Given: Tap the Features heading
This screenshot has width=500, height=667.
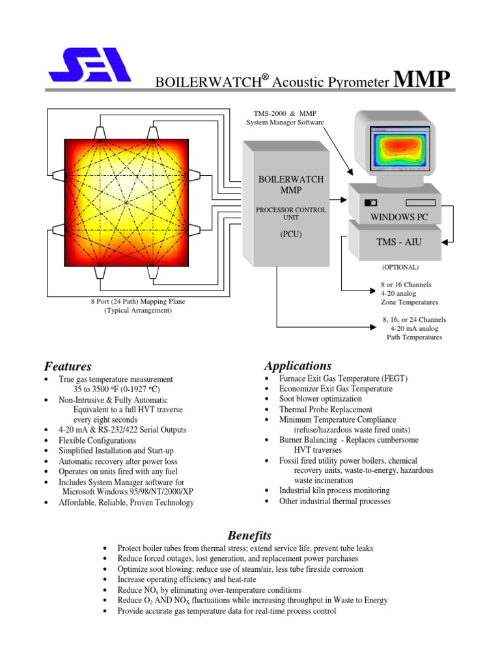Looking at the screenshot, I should point(68,366).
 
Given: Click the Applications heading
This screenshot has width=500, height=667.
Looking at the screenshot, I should point(298,365).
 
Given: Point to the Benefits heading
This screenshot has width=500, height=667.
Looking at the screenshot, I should point(249,535).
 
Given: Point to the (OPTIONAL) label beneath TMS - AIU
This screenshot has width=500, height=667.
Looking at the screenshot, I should point(400,267).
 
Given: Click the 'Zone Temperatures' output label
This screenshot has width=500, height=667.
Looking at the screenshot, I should point(410,302).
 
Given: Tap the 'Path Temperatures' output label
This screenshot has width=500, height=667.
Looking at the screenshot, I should point(414,337).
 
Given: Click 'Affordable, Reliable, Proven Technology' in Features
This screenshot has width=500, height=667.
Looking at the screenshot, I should point(126,502).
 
